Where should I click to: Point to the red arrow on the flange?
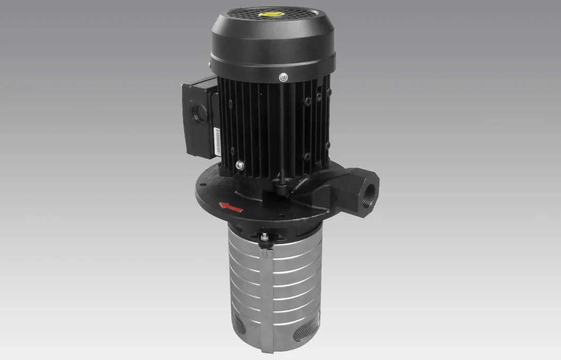232,206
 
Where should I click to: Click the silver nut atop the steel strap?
264,237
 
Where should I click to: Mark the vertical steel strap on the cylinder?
267,297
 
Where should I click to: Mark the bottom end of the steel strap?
267,348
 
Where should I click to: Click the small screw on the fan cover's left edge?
211,65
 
